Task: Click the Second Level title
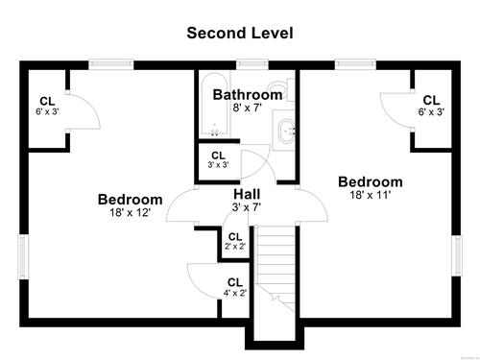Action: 240,33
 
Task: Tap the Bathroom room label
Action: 248,95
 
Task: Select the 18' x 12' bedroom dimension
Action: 131,212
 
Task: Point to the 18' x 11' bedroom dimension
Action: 371,195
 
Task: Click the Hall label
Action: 247,194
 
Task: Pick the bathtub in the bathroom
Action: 214,105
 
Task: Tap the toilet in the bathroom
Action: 281,89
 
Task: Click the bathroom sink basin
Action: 287,132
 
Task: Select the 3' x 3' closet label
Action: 218,159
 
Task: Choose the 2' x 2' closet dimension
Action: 235,247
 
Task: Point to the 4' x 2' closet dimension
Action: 235,293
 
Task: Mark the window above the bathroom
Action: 252,65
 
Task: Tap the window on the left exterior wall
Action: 24,257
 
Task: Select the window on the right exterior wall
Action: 456,255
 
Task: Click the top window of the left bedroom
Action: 111,65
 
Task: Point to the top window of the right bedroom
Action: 355,65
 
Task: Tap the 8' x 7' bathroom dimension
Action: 248,108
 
